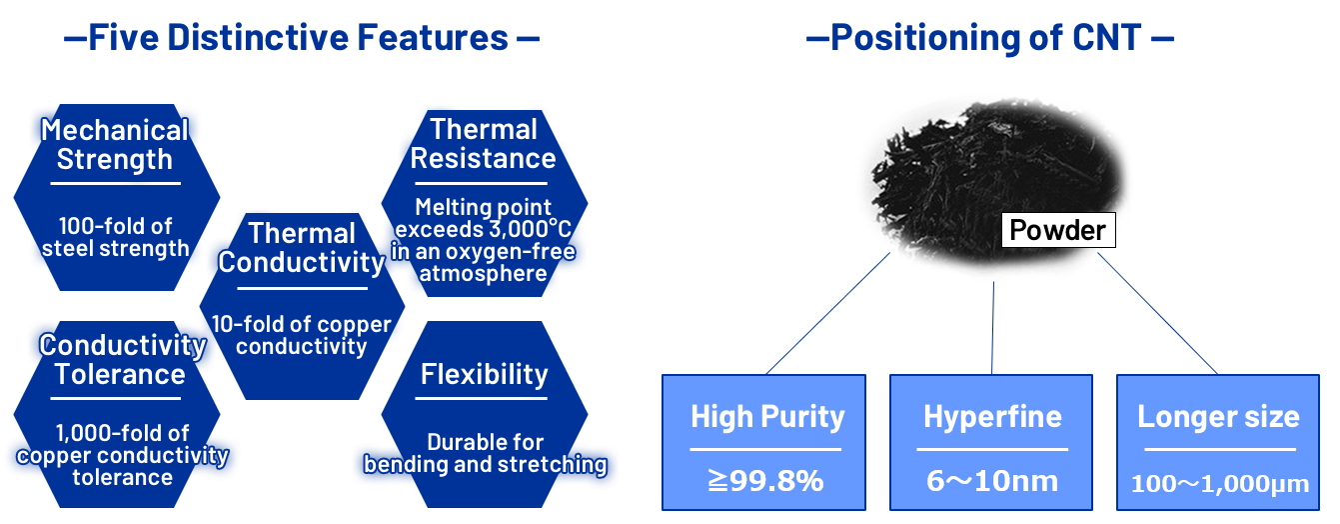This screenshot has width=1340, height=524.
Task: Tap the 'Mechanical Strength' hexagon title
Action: [115, 144]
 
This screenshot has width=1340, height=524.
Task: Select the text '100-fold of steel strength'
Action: [116, 237]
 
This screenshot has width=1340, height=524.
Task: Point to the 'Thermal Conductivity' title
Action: [302, 247]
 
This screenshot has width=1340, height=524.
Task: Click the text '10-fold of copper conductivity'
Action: [302, 335]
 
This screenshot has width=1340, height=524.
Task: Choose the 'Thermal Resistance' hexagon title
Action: [484, 144]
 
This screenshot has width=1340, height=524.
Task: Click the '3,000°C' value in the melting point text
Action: [530, 229]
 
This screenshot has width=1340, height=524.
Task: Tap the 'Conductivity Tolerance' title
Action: [123, 359]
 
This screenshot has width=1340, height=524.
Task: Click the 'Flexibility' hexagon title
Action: [484, 374]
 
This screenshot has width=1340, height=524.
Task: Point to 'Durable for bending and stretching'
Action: [486, 453]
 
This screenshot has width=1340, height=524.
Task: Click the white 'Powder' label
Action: [1058, 230]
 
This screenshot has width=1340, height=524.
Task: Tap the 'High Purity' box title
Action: [767, 417]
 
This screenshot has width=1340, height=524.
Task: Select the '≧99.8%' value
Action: [765, 480]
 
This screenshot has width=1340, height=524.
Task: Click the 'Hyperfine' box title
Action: [992, 417]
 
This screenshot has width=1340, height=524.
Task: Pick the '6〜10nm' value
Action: [992, 481]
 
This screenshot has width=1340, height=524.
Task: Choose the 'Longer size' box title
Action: [1218, 417]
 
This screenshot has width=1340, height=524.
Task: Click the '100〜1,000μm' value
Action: [1220, 484]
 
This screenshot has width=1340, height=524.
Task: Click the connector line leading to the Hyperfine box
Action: [993, 328]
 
